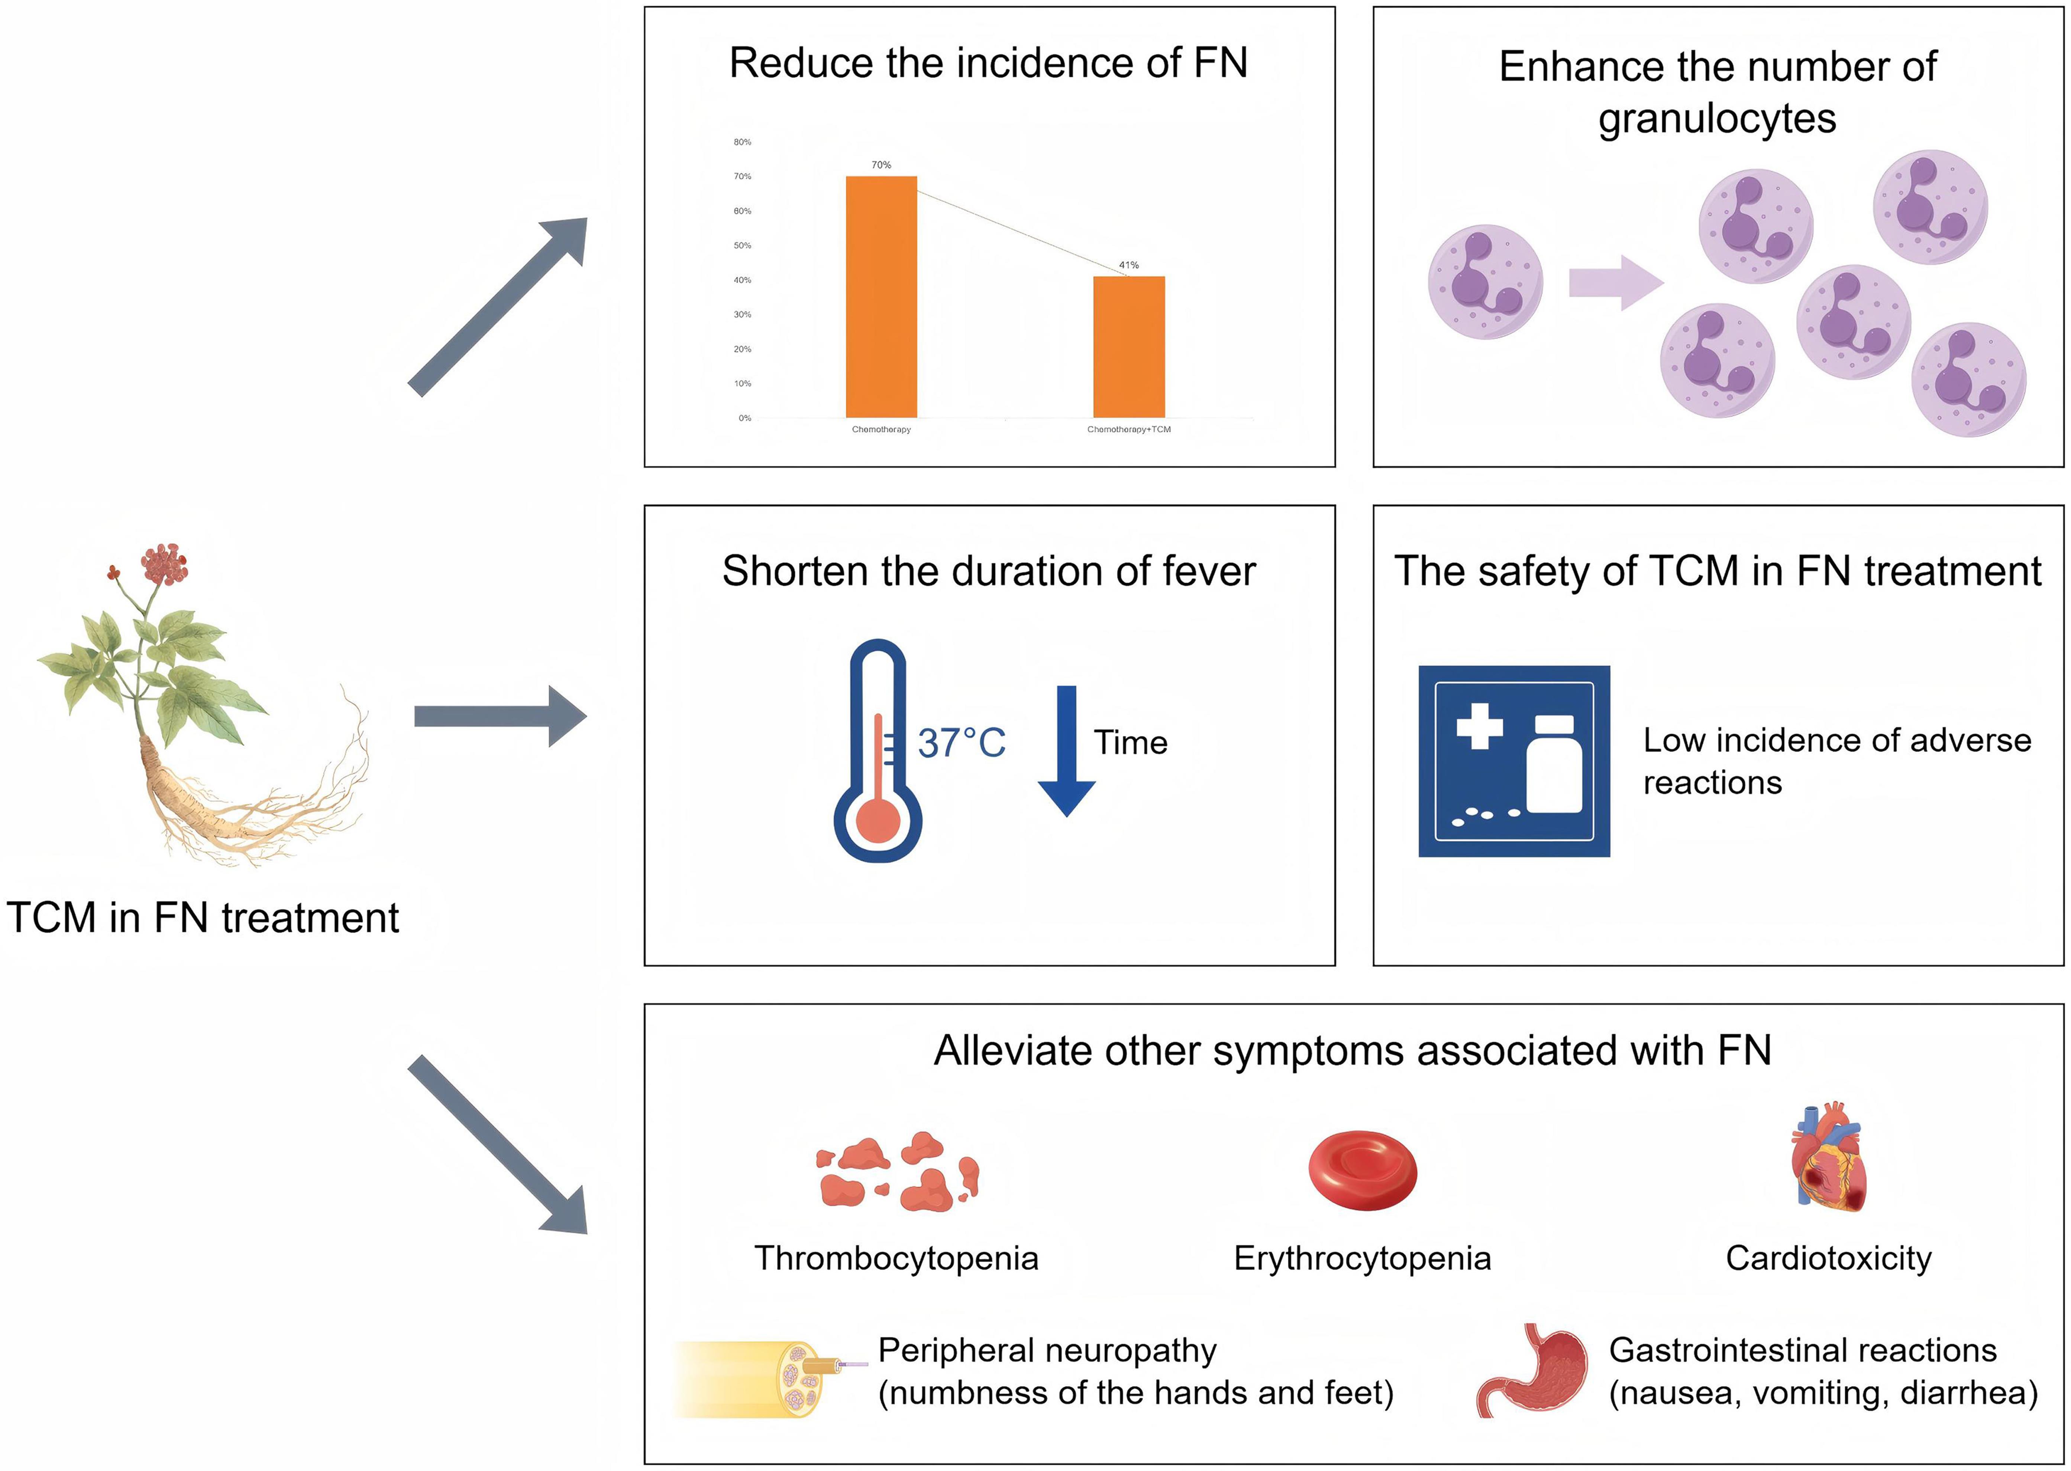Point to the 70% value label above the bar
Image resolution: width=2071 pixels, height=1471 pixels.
(x=881, y=165)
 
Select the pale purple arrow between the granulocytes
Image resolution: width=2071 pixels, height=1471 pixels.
(x=1615, y=282)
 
